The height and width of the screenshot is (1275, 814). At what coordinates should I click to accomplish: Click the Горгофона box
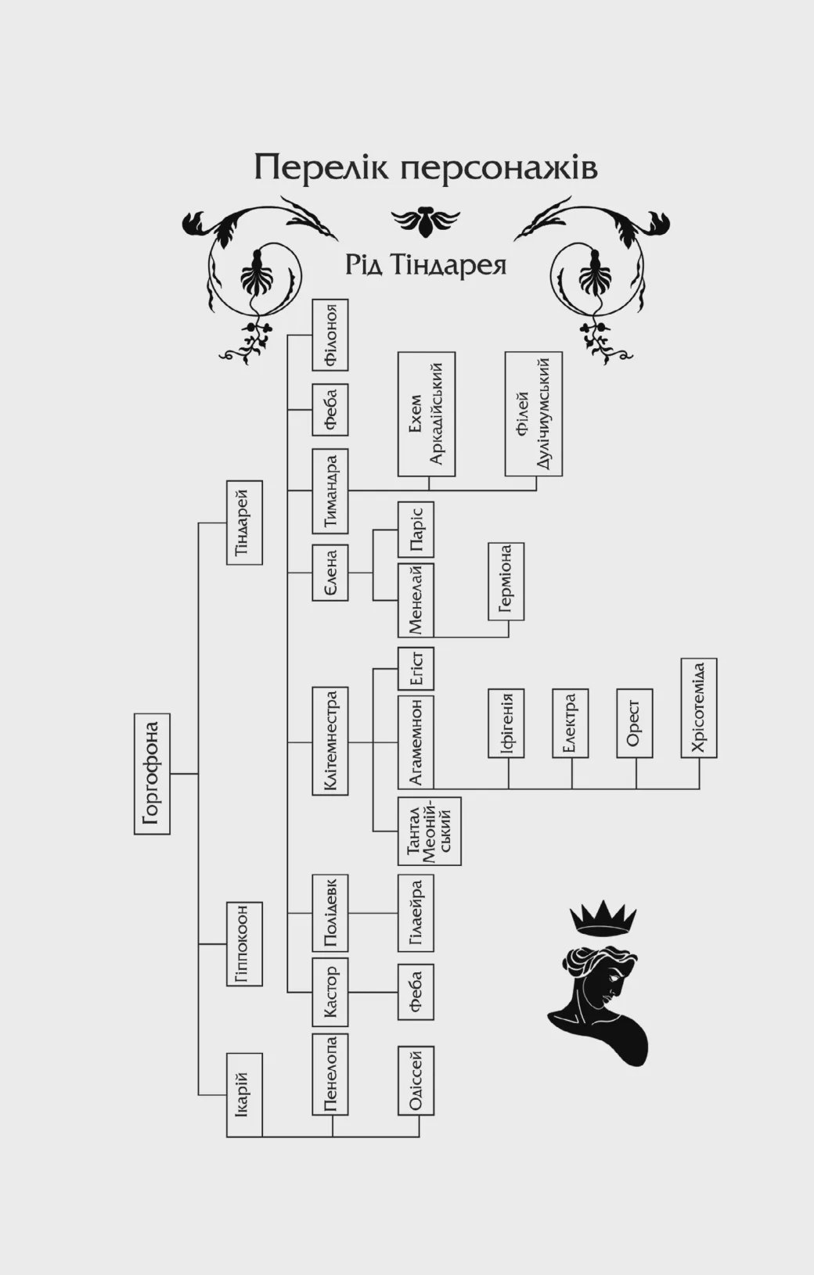pyautogui.click(x=152, y=774)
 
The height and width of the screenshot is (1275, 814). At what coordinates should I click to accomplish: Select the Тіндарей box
pyautogui.click(x=244, y=523)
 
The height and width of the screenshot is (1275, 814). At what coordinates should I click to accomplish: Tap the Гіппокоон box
pyautogui.click(x=244, y=943)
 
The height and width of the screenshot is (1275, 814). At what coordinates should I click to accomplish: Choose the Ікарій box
pyautogui.click(x=244, y=1094)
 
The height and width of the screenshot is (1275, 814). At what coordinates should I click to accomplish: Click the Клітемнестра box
pyautogui.click(x=330, y=741)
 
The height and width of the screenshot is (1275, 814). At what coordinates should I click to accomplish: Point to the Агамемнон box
pyautogui.click(x=416, y=741)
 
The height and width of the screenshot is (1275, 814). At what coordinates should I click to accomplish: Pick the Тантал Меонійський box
pyautogui.click(x=429, y=831)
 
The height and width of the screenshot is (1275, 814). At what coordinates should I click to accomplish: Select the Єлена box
pyautogui.click(x=330, y=573)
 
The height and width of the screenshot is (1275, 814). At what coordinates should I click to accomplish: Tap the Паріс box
pyautogui.click(x=416, y=530)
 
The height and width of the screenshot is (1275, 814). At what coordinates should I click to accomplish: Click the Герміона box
pyautogui.click(x=506, y=580)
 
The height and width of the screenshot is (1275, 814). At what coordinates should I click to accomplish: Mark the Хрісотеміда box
pyautogui.click(x=699, y=708)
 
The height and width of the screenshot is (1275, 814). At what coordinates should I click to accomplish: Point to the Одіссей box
pyautogui.click(x=416, y=1080)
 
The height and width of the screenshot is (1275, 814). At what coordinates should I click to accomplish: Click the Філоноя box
pyautogui.click(x=330, y=335)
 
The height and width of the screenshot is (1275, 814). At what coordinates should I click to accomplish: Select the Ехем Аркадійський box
pyautogui.click(x=427, y=414)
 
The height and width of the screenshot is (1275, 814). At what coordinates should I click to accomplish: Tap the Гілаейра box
pyautogui.click(x=416, y=913)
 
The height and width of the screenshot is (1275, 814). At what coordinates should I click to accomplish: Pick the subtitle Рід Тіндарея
pyautogui.click(x=426, y=264)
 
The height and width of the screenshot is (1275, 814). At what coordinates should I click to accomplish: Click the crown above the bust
pyautogui.click(x=603, y=917)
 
